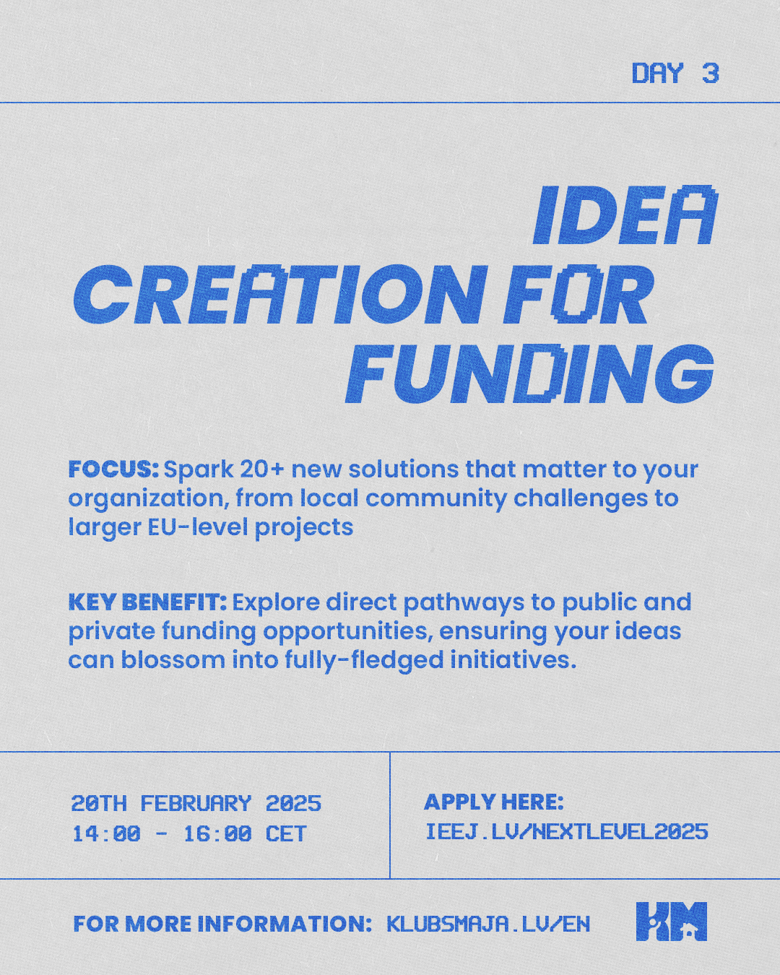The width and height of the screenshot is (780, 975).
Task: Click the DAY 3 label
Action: [675, 73]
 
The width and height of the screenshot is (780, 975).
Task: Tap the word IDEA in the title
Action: [625, 215]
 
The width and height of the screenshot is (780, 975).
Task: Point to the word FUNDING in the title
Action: [530, 373]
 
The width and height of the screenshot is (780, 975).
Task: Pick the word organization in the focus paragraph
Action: [147, 500]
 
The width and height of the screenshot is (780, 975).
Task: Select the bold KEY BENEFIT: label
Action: [147, 602]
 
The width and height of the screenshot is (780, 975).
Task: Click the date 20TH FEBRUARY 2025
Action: [196, 803]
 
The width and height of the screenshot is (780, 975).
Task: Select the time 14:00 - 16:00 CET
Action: [189, 833]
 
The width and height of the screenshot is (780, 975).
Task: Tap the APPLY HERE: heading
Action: [494, 802]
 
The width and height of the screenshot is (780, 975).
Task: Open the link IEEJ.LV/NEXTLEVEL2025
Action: [566, 832]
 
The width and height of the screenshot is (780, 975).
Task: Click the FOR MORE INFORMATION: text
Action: [222, 924]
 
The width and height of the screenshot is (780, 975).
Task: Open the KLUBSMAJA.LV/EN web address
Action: [488, 924]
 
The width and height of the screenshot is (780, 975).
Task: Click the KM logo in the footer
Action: [671, 921]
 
